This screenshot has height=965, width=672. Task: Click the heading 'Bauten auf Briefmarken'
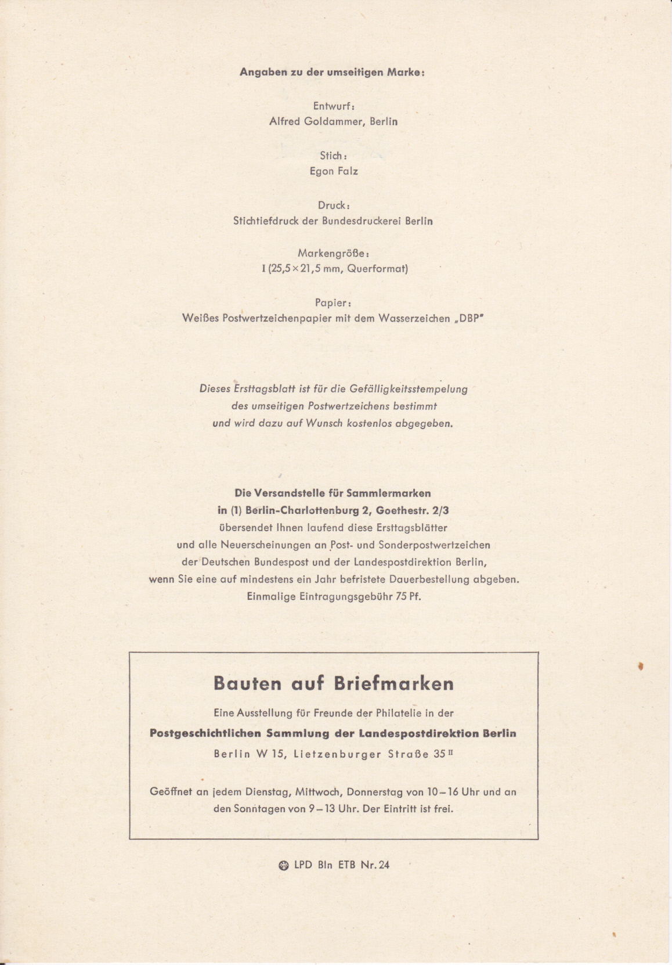point(334,683)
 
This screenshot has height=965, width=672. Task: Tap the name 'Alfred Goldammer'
point(316,122)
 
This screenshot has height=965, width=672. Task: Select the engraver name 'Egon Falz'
point(334,171)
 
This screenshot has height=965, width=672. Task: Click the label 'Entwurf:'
point(334,106)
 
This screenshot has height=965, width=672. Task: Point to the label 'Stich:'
point(334,156)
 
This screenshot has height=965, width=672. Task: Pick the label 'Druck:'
point(334,205)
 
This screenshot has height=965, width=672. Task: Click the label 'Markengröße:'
point(334,253)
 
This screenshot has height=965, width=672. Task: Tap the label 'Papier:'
point(334,303)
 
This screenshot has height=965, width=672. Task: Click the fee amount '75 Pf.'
point(409,596)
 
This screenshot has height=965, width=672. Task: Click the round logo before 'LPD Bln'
point(284,865)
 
